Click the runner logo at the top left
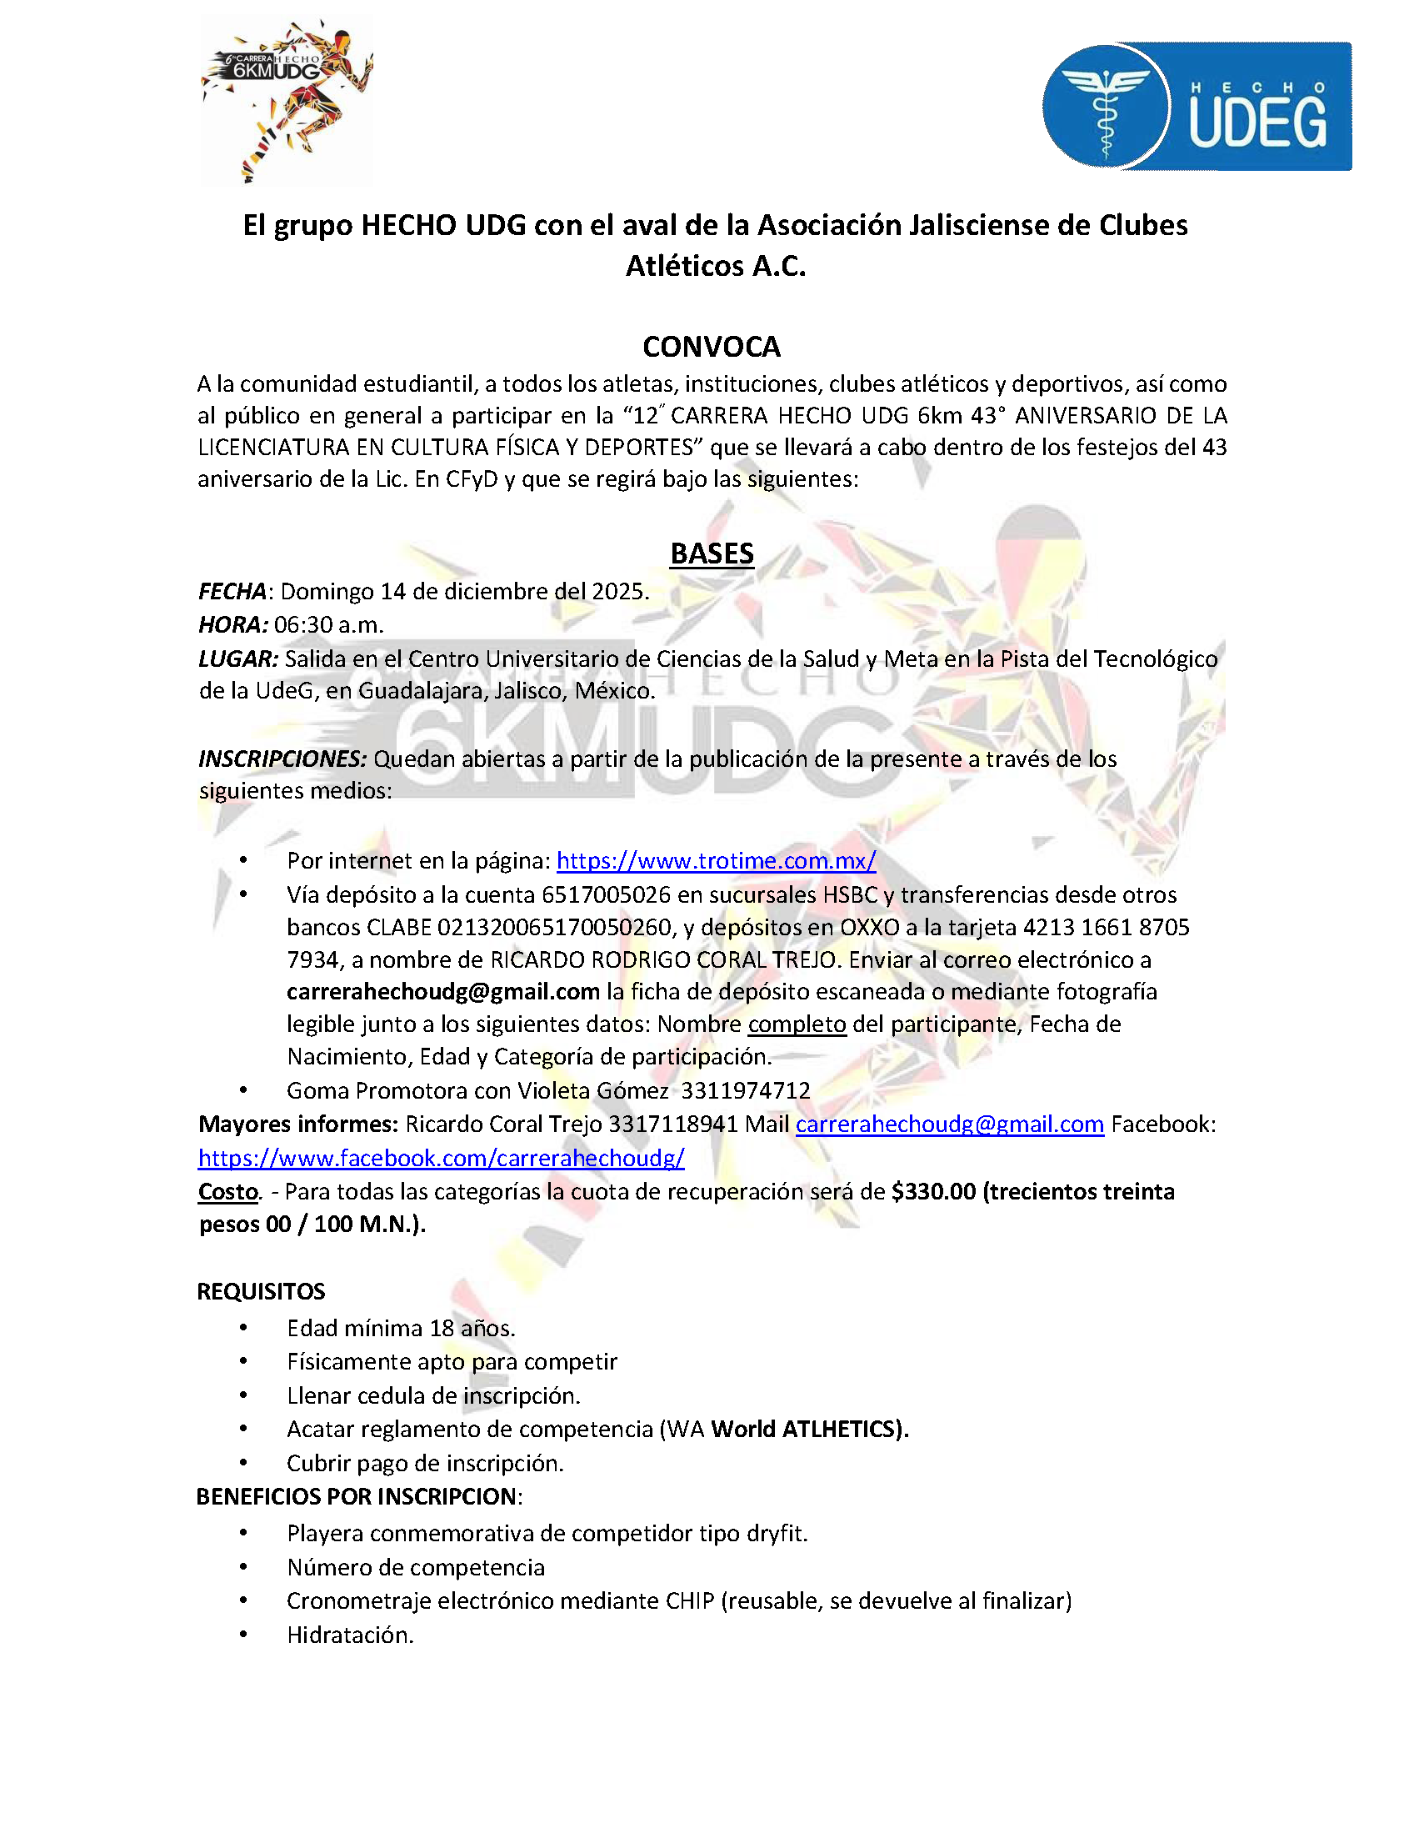tap(287, 98)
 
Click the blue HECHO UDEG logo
tap(1197, 108)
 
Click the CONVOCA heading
tap(711, 346)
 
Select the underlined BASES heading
tap(711, 553)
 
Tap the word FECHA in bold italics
tap(232, 591)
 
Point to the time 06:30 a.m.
tap(328, 624)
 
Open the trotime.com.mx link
tap(716, 861)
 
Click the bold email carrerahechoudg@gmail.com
tap(443, 992)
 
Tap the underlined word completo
tap(797, 1024)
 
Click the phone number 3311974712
tap(745, 1090)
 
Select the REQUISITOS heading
tap(261, 1291)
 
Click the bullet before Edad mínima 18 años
tap(243, 1328)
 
